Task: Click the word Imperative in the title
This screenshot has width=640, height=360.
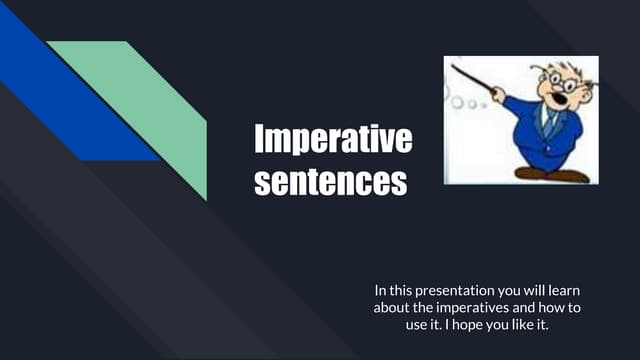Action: pos(332,139)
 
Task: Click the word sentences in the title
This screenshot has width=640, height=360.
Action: pos(330,183)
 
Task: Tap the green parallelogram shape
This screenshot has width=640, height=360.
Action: pos(150,110)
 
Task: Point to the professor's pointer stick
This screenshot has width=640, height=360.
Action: pos(475,80)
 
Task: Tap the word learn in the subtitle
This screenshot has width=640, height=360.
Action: pos(560,290)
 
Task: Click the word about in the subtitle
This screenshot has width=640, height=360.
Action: pos(380,308)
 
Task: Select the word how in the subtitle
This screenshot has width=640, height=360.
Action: pos(557,308)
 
